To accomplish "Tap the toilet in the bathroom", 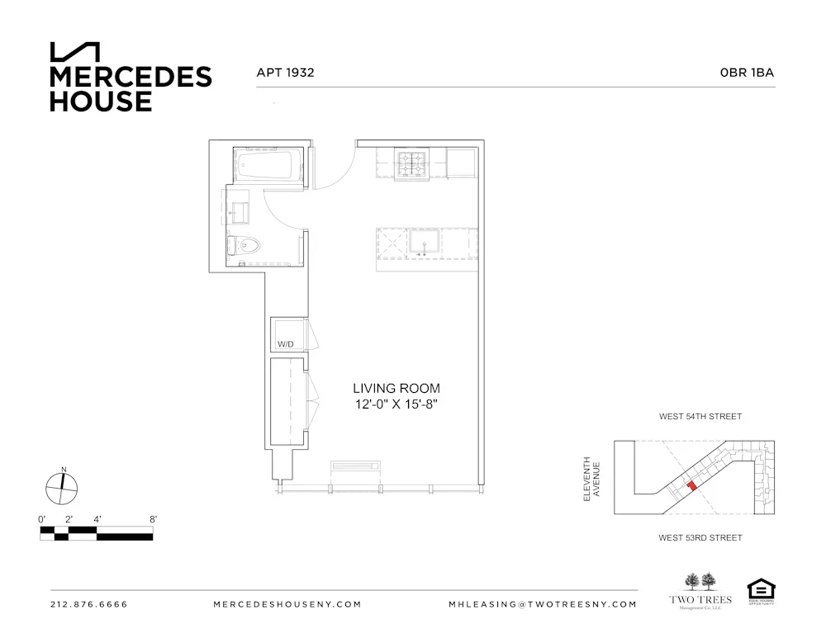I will point(245,244).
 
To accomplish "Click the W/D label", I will point(286,343).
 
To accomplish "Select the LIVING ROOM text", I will point(396,388).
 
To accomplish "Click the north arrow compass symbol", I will point(63,487).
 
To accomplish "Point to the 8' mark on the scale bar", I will point(154,519).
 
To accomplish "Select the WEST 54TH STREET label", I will point(700,417).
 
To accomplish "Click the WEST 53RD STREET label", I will point(700,537).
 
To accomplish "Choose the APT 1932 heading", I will point(286,73).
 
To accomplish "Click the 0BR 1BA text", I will point(747,73).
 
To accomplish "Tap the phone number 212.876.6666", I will point(89,604).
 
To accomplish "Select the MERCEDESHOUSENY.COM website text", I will point(287,604).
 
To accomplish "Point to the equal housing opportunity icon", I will point(759,590).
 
